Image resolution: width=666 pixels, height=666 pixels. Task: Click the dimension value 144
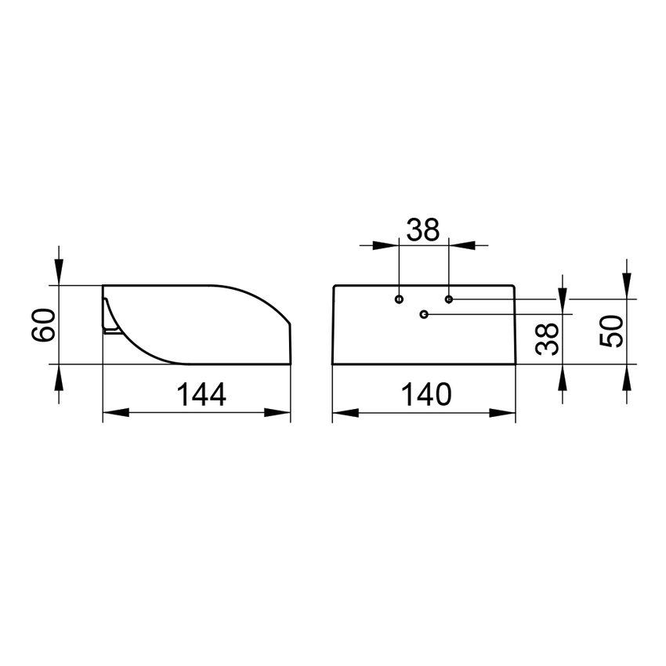click(x=200, y=395)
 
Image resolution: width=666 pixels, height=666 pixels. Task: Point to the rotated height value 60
click(x=42, y=324)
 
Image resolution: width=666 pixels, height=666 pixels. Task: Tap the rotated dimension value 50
click(x=611, y=331)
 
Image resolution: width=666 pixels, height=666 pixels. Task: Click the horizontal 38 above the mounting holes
click(x=423, y=230)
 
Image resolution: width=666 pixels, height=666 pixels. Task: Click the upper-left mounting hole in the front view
click(x=400, y=299)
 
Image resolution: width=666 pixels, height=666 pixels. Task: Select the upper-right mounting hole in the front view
click(x=448, y=299)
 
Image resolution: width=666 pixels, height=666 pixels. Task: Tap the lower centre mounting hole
click(x=424, y=314)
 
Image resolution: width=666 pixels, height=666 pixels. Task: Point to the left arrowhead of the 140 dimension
click(x=345, y=413)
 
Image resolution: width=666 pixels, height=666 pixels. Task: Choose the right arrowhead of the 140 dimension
click(x=503, y=413)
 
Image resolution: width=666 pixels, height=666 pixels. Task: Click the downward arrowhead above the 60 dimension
click(x=59, y=273)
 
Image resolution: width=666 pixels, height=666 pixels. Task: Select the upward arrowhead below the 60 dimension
click(x=59, y=377)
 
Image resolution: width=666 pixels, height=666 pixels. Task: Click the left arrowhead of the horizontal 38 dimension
click(x=386, y=244)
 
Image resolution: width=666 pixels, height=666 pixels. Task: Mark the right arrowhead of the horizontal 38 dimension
click(x=461, y=244)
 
